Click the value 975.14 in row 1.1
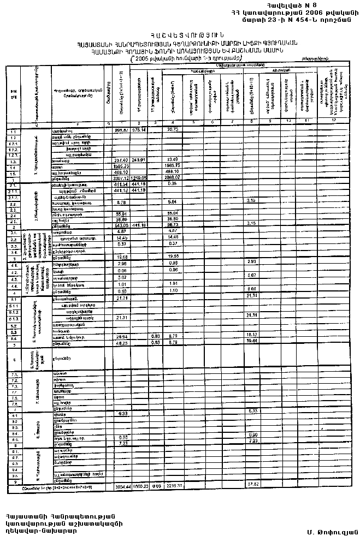(139, 130)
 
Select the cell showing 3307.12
(120, 178)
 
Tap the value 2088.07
(173, 178)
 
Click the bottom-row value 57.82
(252, 485)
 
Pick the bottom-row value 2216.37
(173, 485)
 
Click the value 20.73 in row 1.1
(173, 130)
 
